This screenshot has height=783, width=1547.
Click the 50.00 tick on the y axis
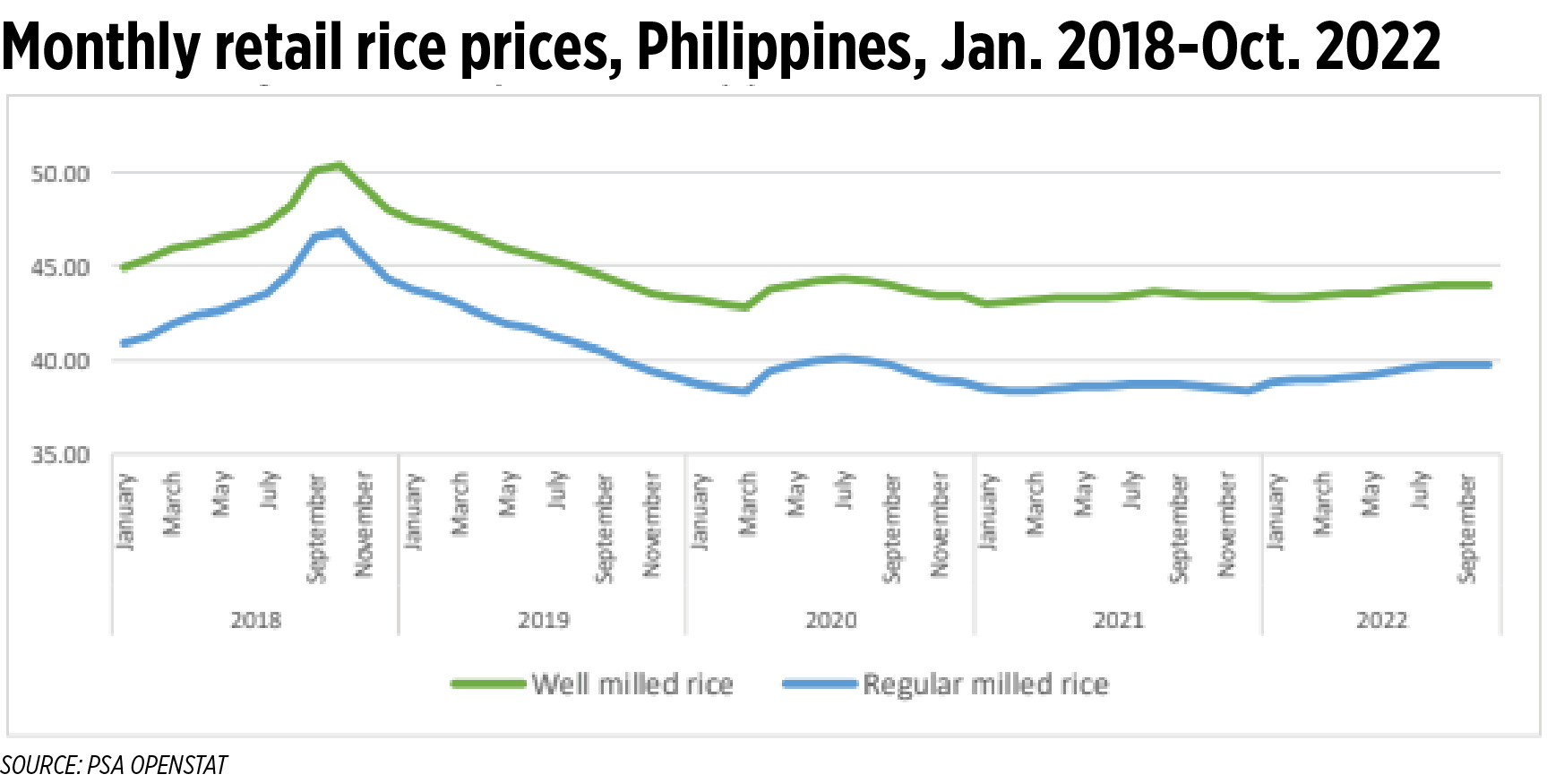pyautogui.click(x=61, y=174)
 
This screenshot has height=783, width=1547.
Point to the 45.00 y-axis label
pyautogui.click(x=61, y=268)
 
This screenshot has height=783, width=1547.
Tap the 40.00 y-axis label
pyautogui.click(x=61, y=361)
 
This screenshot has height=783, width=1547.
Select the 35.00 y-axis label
pyautogui.click(x=61, y=455)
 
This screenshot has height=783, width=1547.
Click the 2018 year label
pyautogui.click(x=255, y=620)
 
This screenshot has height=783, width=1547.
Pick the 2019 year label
pyautogui.click(x=543, y=620)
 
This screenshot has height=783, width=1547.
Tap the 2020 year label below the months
pyautogui.click(x=830, y=620)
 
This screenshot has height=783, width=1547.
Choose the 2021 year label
pyautogui.click(x=1118, y=620)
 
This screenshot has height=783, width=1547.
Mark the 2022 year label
pyautogui.click(x=1381, y=620)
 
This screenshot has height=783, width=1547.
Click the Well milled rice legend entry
pyautogui.click(x=632, y=684)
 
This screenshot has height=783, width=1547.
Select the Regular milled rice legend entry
pyautogui.click(x=985, y=684)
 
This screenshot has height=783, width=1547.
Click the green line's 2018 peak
pyautogui.click(x=339, y=166)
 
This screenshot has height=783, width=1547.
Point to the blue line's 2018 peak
pyautogui.click(x=339, y=231)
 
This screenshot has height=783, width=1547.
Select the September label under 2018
pyautogui.click(x=316, y=529)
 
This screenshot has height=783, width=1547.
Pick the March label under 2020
pyautogui.click(x=748, y=503)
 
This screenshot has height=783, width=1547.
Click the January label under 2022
pyautogui.click(x=1275, y=511)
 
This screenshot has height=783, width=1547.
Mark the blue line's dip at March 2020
pyautogui.click(x=745, y=391)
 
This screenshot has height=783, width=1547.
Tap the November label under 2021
pyautogui.click(x=1227, y=524)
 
